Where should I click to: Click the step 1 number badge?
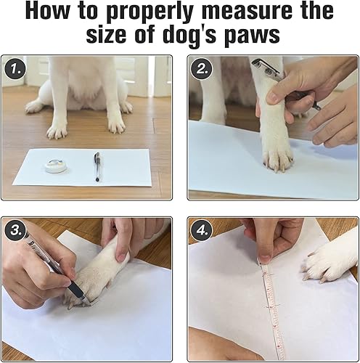pos(15,69)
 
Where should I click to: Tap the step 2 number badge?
pos(202,70)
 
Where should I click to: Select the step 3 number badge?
pos(15,231)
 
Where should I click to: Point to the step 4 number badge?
pos(202,231)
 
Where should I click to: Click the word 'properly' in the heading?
pos(150,12)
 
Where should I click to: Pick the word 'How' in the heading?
pos(47,11)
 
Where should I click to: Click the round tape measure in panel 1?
pos(56,166)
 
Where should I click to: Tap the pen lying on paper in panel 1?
pos(97,167)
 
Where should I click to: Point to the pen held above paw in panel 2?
pos(285,82)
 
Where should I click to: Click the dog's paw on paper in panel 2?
pos(278,158)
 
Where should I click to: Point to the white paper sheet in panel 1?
pos(82,168)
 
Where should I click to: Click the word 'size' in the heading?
pos(107,35)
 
